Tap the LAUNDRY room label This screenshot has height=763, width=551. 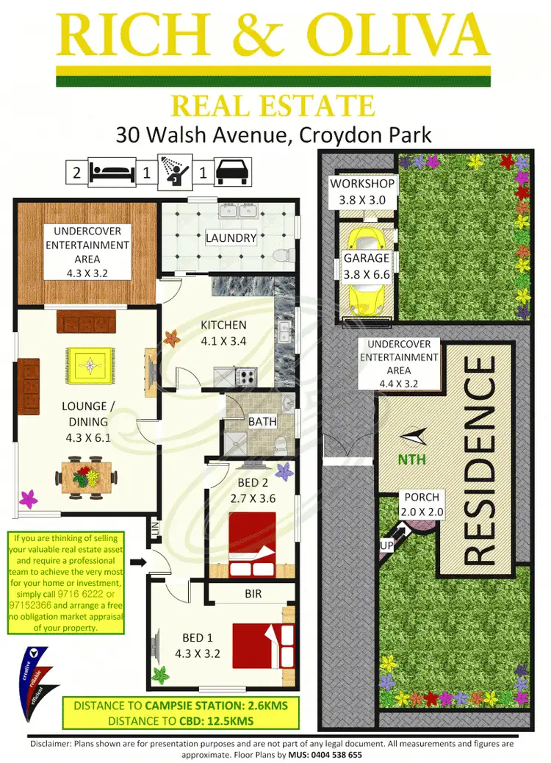point(231,237)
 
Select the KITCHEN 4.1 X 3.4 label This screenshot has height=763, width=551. point(224,332)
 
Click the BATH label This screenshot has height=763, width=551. point(262,421)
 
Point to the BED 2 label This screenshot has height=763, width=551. point(252,482)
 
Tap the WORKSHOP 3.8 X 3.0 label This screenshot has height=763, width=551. point(362,191)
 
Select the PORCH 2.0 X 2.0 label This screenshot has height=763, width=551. point(419,504)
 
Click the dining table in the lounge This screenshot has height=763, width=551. point(86,478)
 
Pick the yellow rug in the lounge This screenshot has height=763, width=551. point(90,364)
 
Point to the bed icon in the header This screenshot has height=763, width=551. point(111,172)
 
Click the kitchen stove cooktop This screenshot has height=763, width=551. point(245,378)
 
